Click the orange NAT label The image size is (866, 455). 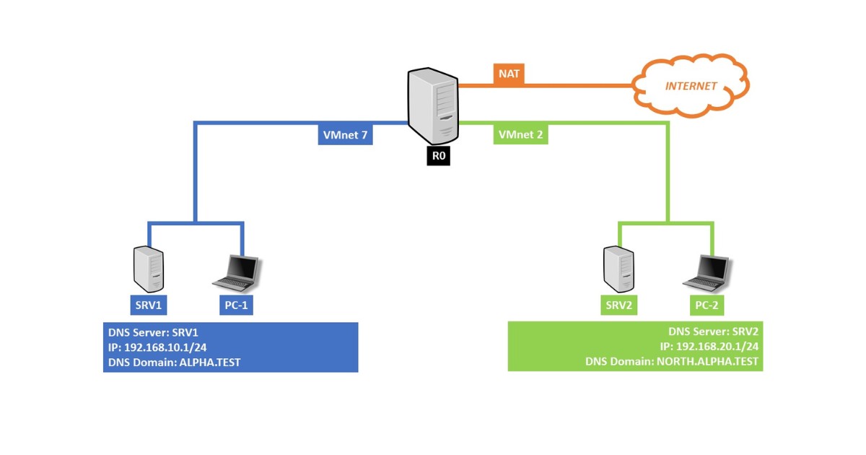(x=509, y=73)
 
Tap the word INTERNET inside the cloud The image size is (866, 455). (x=691, y=86)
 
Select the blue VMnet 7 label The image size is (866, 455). (x=345, y=134)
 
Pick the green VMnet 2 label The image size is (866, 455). (x=520, y=134)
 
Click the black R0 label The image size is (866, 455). (x=438, y=156)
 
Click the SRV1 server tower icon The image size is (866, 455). (x=149, y=268)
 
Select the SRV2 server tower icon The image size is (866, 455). (x=618, y=268)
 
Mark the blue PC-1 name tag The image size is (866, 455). (x=236, y=305)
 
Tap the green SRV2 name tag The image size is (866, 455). (x=619, y=305)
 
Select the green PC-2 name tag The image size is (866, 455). (x=706, y=305)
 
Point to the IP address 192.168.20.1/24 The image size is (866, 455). (x=722, y=346)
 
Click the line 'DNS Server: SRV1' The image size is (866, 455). (x=153, y=333)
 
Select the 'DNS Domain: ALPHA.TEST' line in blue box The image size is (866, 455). (x=174, y=363)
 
